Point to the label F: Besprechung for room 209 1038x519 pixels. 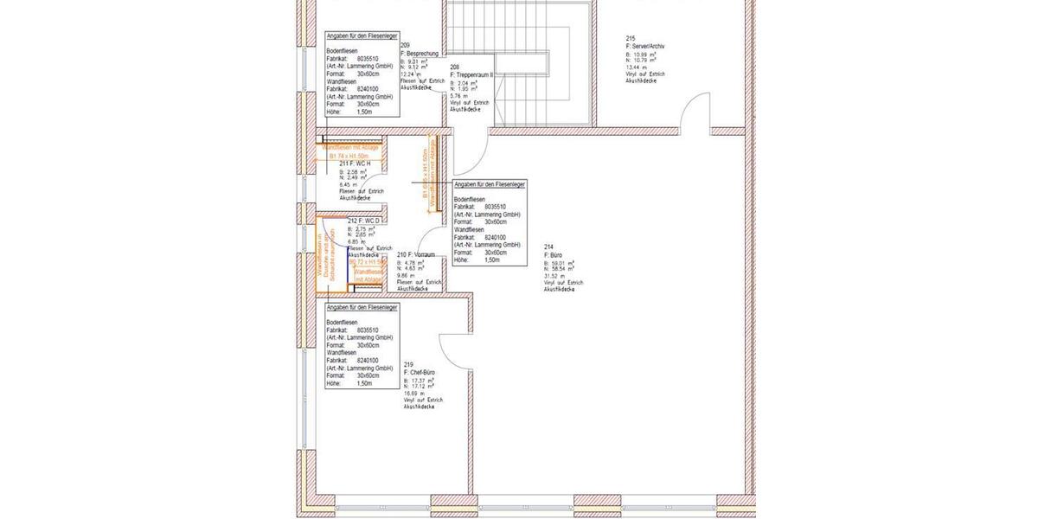click(420, 54)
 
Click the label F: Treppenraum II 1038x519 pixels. click(471, 75)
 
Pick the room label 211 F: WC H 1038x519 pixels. click(355, 163)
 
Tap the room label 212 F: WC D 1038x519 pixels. click(362, 221)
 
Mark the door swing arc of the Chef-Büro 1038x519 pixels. click(454, 350)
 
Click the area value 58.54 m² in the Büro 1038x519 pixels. click(562, 269)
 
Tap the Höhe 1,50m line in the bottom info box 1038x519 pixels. click(349, 383)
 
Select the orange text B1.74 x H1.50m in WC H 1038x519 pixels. click(349, 155)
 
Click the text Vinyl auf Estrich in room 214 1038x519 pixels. click(563, 283)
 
